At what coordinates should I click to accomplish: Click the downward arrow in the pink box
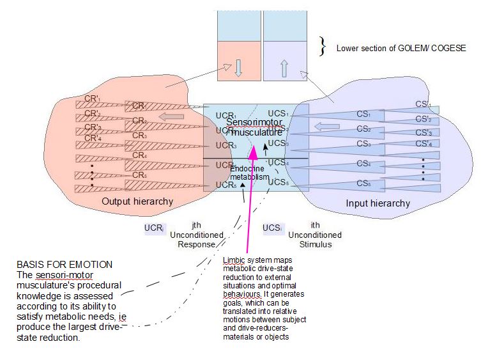point(238,68)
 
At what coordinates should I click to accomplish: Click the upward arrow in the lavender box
point(284,68)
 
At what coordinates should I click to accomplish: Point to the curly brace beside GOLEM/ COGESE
point(323,46)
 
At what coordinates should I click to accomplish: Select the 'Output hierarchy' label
point(137,201)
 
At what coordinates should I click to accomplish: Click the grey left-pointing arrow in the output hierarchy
point(170,116)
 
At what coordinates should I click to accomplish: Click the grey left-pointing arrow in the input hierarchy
point(328,127)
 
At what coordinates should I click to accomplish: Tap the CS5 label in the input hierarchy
point(363,184)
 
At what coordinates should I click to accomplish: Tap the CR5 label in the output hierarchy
point(139,175)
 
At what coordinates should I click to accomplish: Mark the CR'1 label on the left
point(93,102)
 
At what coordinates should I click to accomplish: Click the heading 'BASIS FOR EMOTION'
point(65,264)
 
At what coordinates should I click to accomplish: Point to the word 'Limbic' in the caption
point(234,261)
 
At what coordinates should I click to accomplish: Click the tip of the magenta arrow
point(254,146)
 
